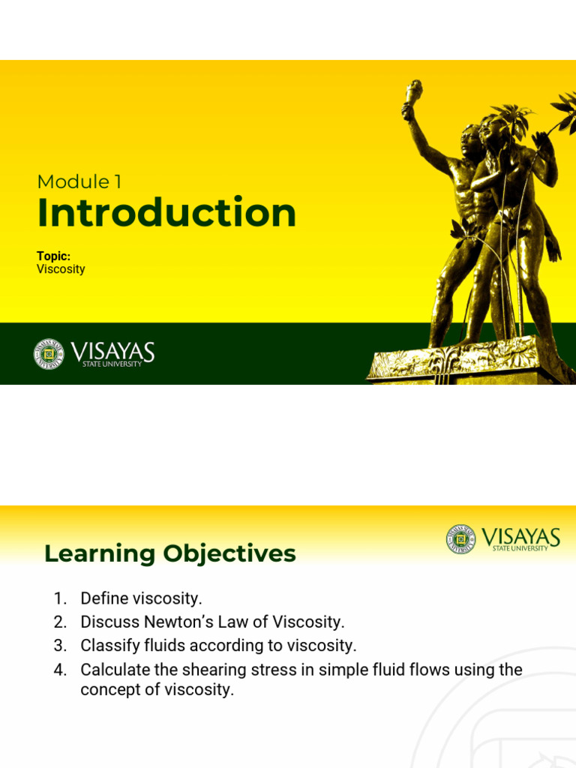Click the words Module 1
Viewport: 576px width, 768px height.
(x=79, y=181)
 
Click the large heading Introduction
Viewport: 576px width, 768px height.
(x=166, y=213)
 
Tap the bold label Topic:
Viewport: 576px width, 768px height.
(x=53, y=256)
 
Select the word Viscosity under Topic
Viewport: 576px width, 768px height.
(x=61, y=269)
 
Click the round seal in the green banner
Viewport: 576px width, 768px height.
(x=49, y=354)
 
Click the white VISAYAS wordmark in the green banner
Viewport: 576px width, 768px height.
(x=112, y=352)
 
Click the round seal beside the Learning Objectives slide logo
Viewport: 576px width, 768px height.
(x=460, y=539)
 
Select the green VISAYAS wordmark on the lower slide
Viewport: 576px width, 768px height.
(x=520, y=537)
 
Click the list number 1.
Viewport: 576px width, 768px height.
(x=60, y=598)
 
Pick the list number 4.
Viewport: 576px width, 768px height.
(x=60, y=670)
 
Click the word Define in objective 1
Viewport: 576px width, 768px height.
(x=103, y=598)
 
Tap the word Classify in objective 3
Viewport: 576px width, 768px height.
(x=107, y=646)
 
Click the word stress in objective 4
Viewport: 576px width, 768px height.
(x=272, y=670)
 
